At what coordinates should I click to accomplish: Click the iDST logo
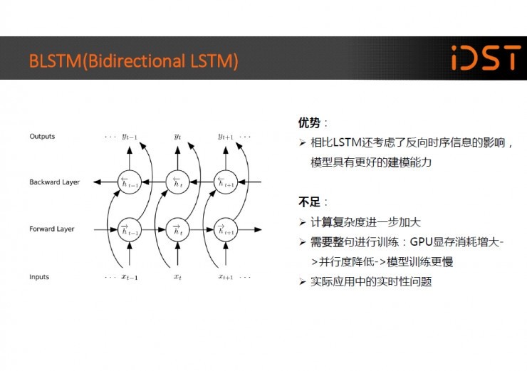tap(486, 58)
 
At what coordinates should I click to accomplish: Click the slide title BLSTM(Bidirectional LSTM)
tap(134, 61)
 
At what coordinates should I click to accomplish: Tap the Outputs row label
tap(42, 137)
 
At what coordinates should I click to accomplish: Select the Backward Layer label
tap(54, 182)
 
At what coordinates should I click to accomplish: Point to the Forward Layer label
tap(52, 229)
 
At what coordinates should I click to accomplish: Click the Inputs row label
tap(39, 277)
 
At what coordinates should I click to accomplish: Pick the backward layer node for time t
tap(177, 182)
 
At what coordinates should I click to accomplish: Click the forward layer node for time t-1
tap(130, 230)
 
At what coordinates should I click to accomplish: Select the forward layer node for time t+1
tap(226, 230)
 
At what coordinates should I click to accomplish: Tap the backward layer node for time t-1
tap(130, 182)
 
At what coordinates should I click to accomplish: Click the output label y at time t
tap(177, 137)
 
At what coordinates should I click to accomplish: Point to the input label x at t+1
tap(226, 277)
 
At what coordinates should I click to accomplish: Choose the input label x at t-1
tap(130, 277)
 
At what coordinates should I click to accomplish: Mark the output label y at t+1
tap(226, 137)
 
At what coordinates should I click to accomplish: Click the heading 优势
tap(309, 122)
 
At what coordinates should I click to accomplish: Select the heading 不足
tap(309, 202)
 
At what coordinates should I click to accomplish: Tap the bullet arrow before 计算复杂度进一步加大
tap(302, 222)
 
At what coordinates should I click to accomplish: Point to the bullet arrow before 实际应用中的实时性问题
tap(302, 281)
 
